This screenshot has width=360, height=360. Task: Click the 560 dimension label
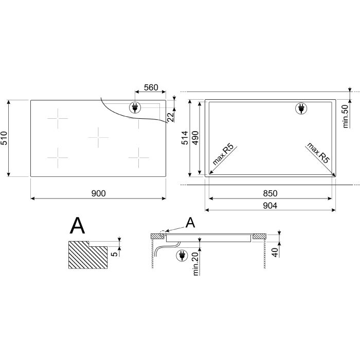coord(151,87)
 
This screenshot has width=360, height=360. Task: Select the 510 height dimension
coord(4,138)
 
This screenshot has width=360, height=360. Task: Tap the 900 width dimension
coord(99,193)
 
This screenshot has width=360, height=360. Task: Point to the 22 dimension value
coord(171,117)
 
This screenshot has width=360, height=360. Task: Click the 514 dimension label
coord(185,138)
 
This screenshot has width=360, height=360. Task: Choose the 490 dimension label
coord(195,138)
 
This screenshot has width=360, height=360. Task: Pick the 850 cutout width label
coord(270,193)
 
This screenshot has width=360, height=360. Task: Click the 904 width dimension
coord(270,206)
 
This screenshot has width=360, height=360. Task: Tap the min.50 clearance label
coord(345,116)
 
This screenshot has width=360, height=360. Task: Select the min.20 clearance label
coord(195,264)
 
